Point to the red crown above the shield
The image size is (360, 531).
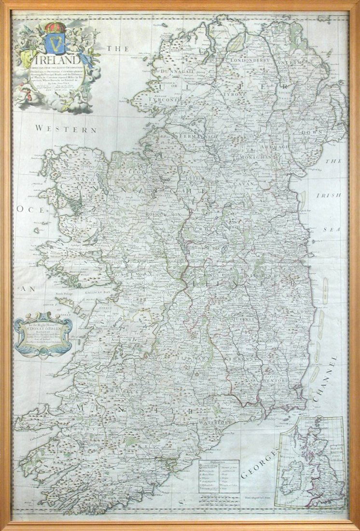(x=55, y=26)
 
